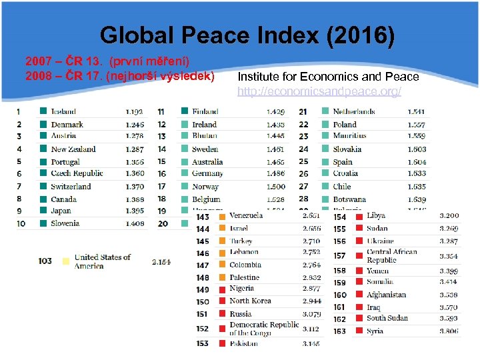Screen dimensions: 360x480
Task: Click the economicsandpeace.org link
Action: [x=319, y=91]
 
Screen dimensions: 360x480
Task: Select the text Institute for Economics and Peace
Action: [x=328, y=77]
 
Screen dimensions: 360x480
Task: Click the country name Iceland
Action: [x=63, y=112]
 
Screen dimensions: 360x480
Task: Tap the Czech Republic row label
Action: [x=77, y=173]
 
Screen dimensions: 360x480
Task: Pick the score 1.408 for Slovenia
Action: [x=135, y=223]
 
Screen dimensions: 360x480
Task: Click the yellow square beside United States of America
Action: [x=65, y=261]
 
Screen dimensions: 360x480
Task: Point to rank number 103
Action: [x=45, y=261]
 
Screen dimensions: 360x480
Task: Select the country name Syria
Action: [x=375, y=331]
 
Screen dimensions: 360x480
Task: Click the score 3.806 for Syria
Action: [x=449, y=331]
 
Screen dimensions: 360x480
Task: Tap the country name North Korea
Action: [x=250, y=301]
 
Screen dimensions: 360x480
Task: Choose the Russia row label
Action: [x=241, y=313]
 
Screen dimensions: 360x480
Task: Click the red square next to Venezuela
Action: [x=221, y=216]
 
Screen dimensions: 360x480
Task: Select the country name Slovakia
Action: [x=347, y=149]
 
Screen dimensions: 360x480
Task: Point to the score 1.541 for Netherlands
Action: [x=417, y=112]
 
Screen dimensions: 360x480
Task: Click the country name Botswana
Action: [x=349, y=199]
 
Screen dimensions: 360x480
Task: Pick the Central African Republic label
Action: [x=392, y=256]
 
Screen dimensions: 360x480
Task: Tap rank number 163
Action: [x=340, y=331]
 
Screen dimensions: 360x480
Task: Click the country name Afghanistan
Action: [x=386, y=295]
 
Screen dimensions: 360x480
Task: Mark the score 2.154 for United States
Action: [x=161, y=262]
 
